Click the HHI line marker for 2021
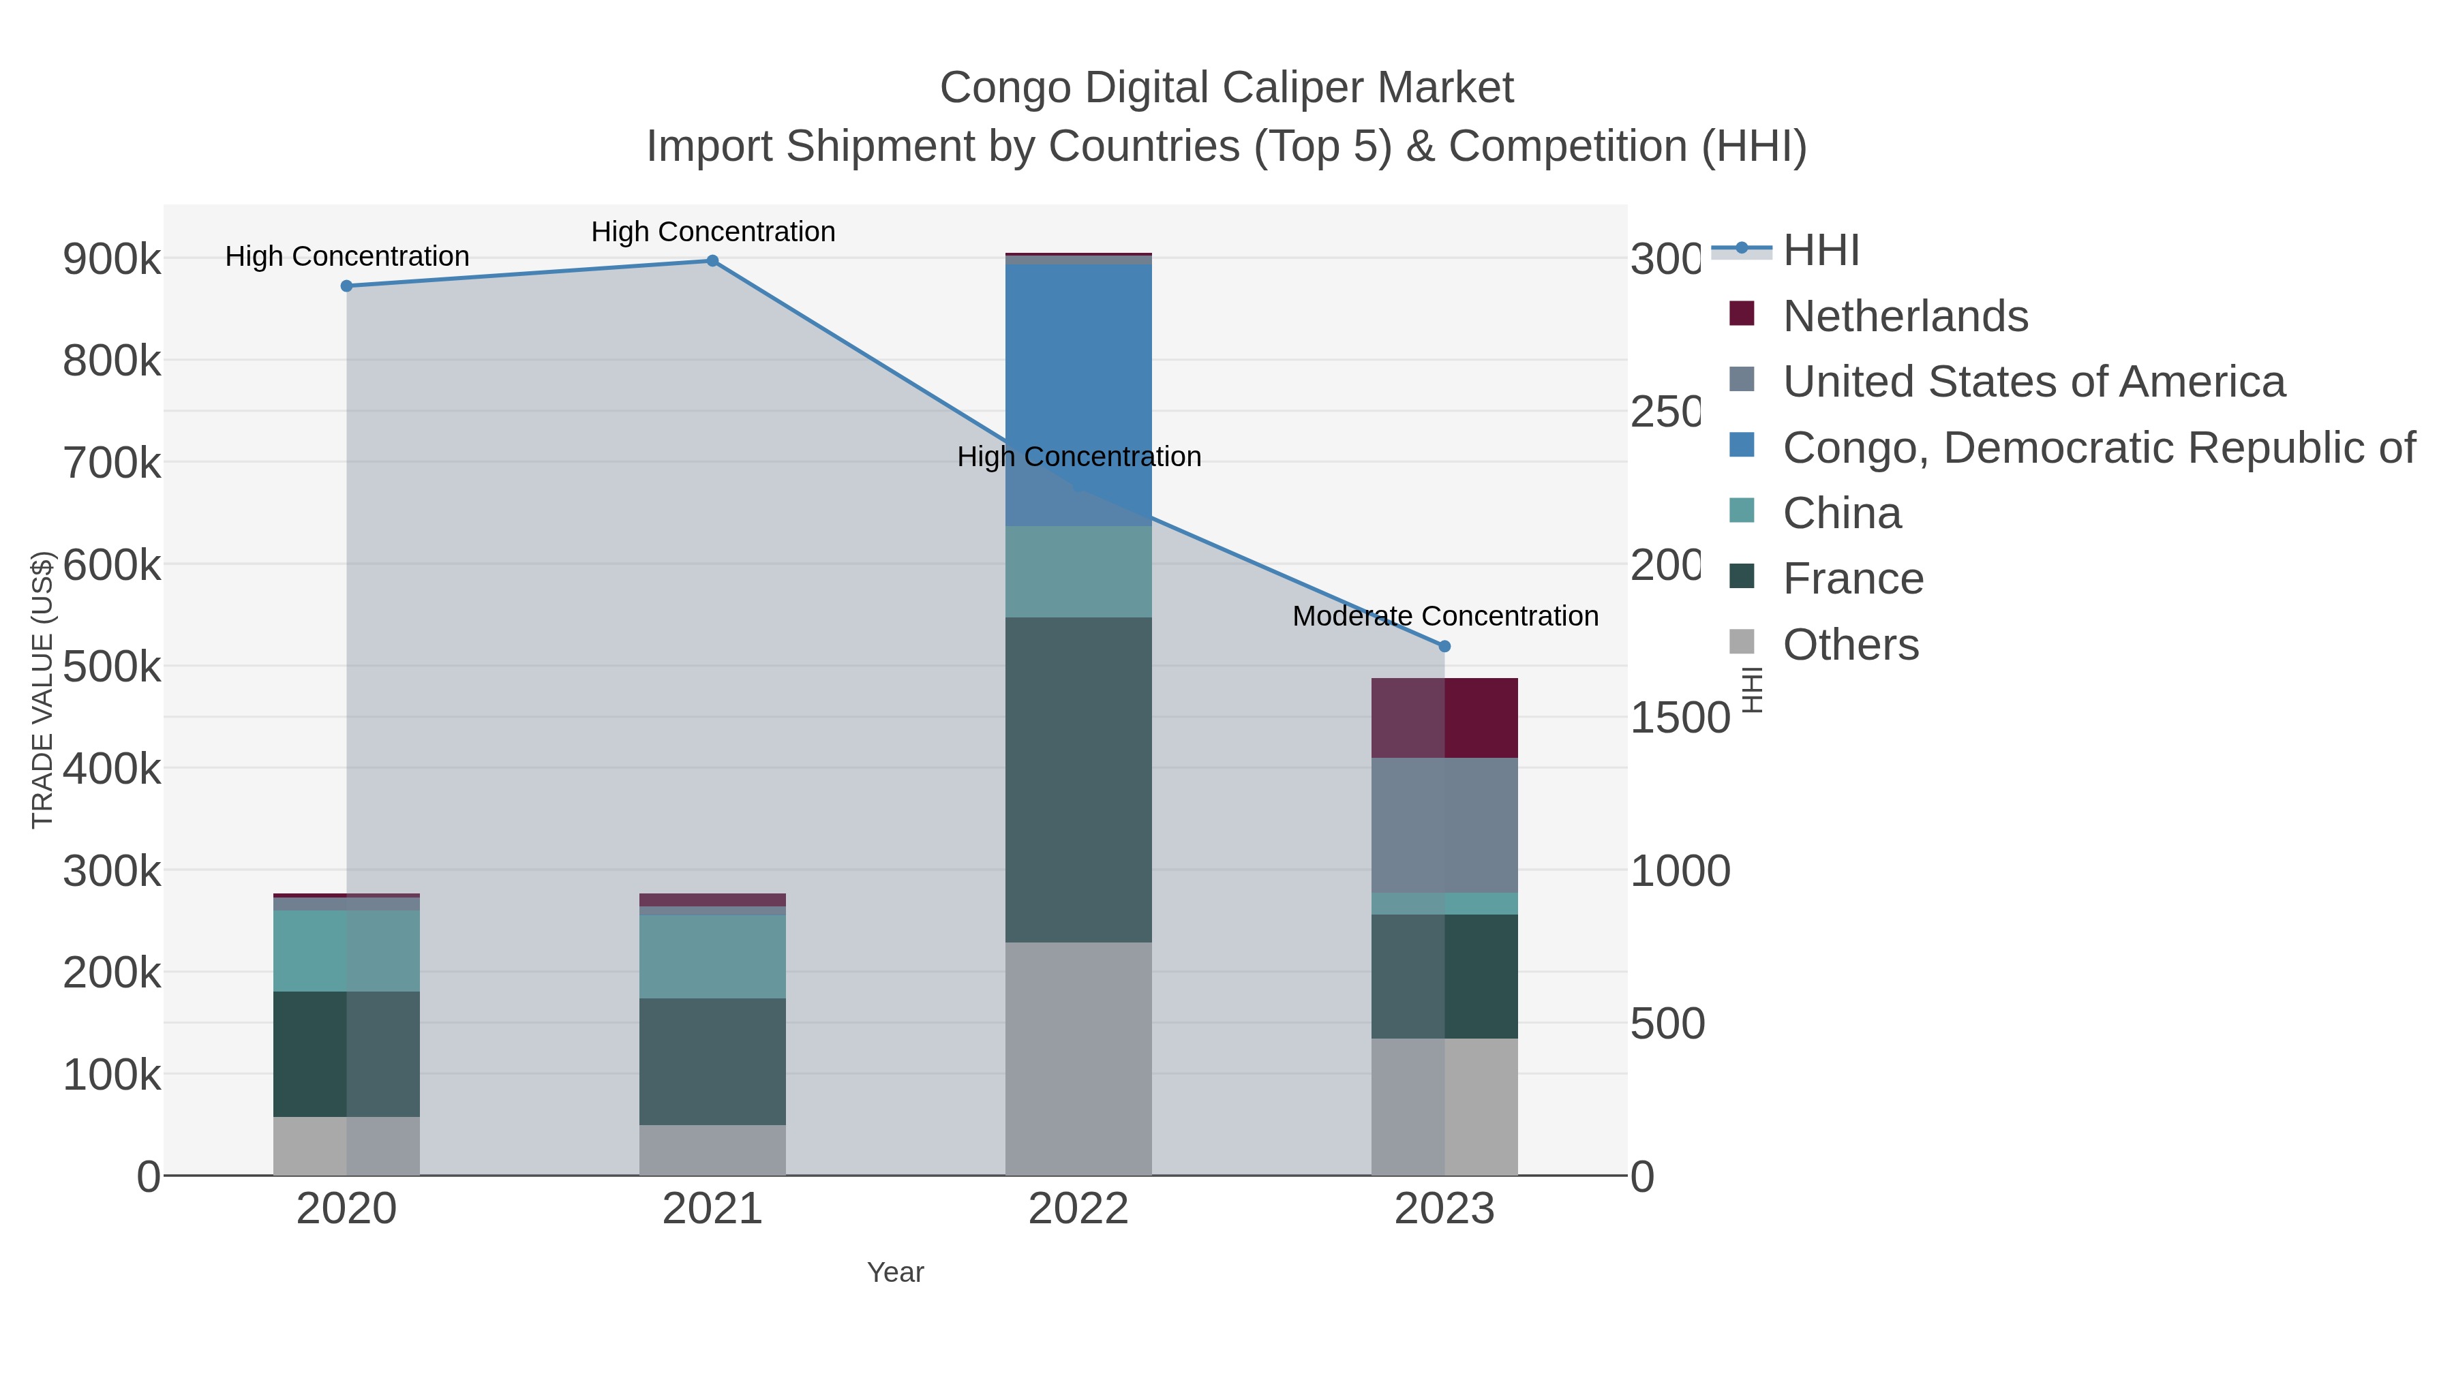712,261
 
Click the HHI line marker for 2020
347,286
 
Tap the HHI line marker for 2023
1444,647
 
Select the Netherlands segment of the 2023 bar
1444,718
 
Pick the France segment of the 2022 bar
1078,779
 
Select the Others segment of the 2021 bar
712,1150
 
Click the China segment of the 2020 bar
347,951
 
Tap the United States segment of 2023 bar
1444,825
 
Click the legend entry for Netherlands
1905,316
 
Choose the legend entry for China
1840,513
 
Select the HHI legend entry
1819,251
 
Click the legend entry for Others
1849,645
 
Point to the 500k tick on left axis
112,666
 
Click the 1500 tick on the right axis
1678,718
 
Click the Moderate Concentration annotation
1444,616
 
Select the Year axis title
894,1272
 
